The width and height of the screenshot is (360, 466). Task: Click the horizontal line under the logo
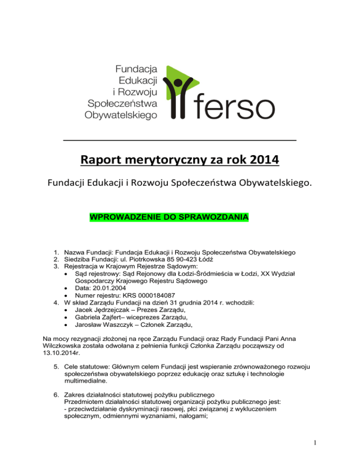[x=180, y=140]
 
